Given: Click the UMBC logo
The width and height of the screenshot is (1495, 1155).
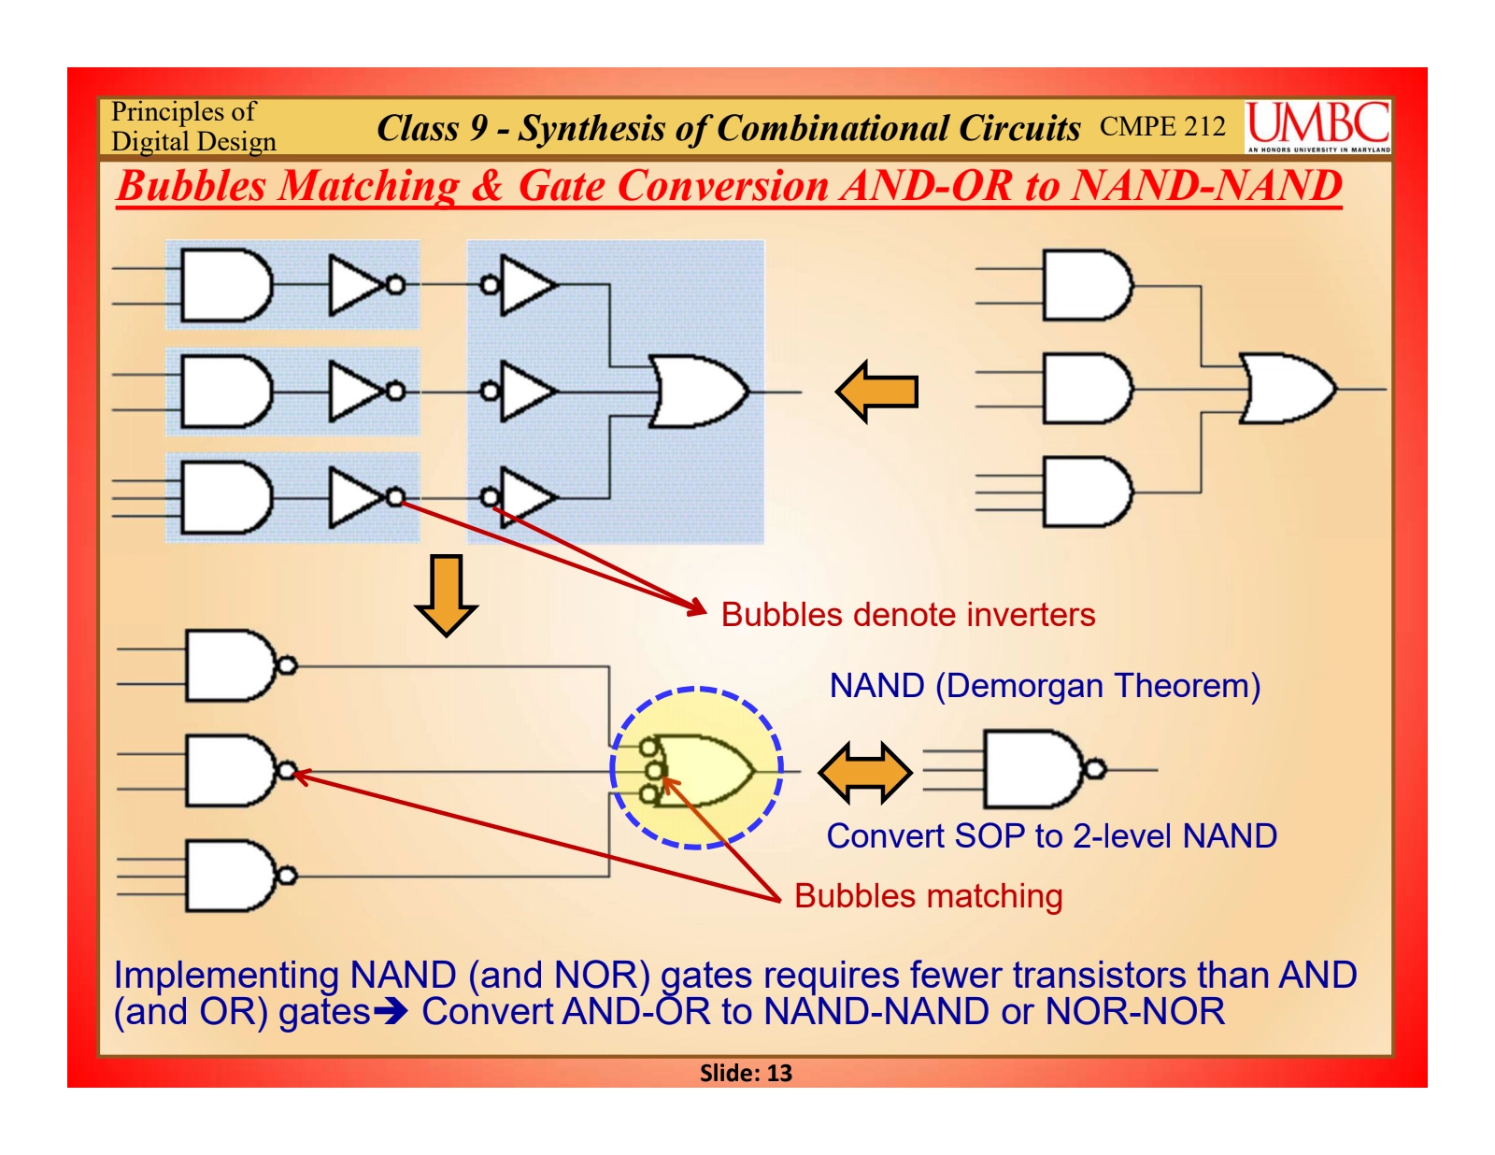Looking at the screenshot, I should pos(1317,126).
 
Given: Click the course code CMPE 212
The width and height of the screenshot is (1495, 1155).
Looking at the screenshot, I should pos(1161,126).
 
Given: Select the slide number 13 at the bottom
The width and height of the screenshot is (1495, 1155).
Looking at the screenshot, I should pos(746,1073).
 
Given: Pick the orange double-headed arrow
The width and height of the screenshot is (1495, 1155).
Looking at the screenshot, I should pos(864,773).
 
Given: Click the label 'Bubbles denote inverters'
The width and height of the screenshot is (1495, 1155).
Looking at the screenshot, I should pos(907,615).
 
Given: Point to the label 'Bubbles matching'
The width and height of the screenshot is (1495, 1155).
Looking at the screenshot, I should pos(928,896).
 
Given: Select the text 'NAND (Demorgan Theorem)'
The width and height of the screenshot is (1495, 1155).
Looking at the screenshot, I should pos(1045,686).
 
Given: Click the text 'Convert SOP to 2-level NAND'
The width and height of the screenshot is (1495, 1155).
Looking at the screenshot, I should pos(1051,836).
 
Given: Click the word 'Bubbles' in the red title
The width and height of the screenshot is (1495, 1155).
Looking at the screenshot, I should pos(192,186).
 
